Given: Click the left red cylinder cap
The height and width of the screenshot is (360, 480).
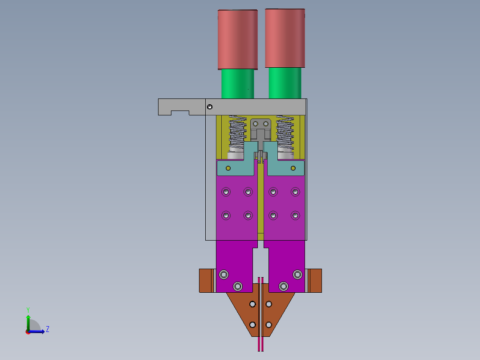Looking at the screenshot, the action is pos(238,40).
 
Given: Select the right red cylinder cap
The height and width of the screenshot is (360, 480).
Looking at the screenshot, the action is pos(285,38).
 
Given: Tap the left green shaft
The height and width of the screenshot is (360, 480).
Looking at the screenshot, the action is pos(238,84).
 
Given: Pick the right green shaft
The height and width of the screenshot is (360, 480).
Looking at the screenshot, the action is pos(285,83).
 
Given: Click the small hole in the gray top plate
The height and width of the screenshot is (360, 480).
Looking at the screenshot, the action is pos(210,107).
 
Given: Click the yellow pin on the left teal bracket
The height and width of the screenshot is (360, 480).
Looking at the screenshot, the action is pos(228,168).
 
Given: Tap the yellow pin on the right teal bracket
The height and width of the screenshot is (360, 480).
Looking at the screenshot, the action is pos(293,168).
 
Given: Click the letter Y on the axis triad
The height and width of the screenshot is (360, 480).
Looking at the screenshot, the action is pos(28,310).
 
